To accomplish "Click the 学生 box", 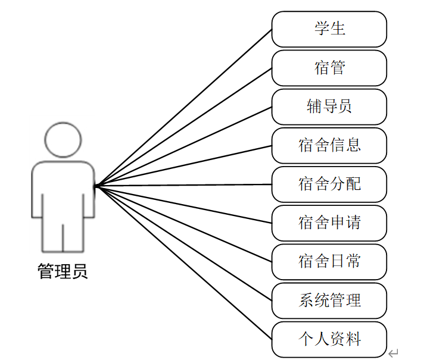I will [x=329, y=29].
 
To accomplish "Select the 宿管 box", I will [x=329, y=67].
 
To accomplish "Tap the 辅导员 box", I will [x=329, y=107].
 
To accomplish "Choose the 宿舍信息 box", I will [x=329, y=145].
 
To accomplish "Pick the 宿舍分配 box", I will [x=329, y=184].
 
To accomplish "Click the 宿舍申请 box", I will [x=329, y=223].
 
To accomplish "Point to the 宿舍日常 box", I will [x=329, y=262].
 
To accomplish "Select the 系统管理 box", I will [x=329, y=300].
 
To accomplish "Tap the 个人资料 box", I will [x=329, y=339].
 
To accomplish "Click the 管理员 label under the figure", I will [x=63, y=271].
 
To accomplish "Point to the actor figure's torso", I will [x=63, y=190].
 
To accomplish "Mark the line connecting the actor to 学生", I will [x=183, y=108].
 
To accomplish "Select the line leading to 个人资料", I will [x=183, y=262].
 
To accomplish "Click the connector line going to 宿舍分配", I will [x=183, y=185].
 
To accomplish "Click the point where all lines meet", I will [x=95, y=186].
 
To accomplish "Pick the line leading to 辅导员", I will [x=183, y=146].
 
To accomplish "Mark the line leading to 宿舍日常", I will [x=183, y=224].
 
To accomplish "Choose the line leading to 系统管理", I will [x=183, y=243].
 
